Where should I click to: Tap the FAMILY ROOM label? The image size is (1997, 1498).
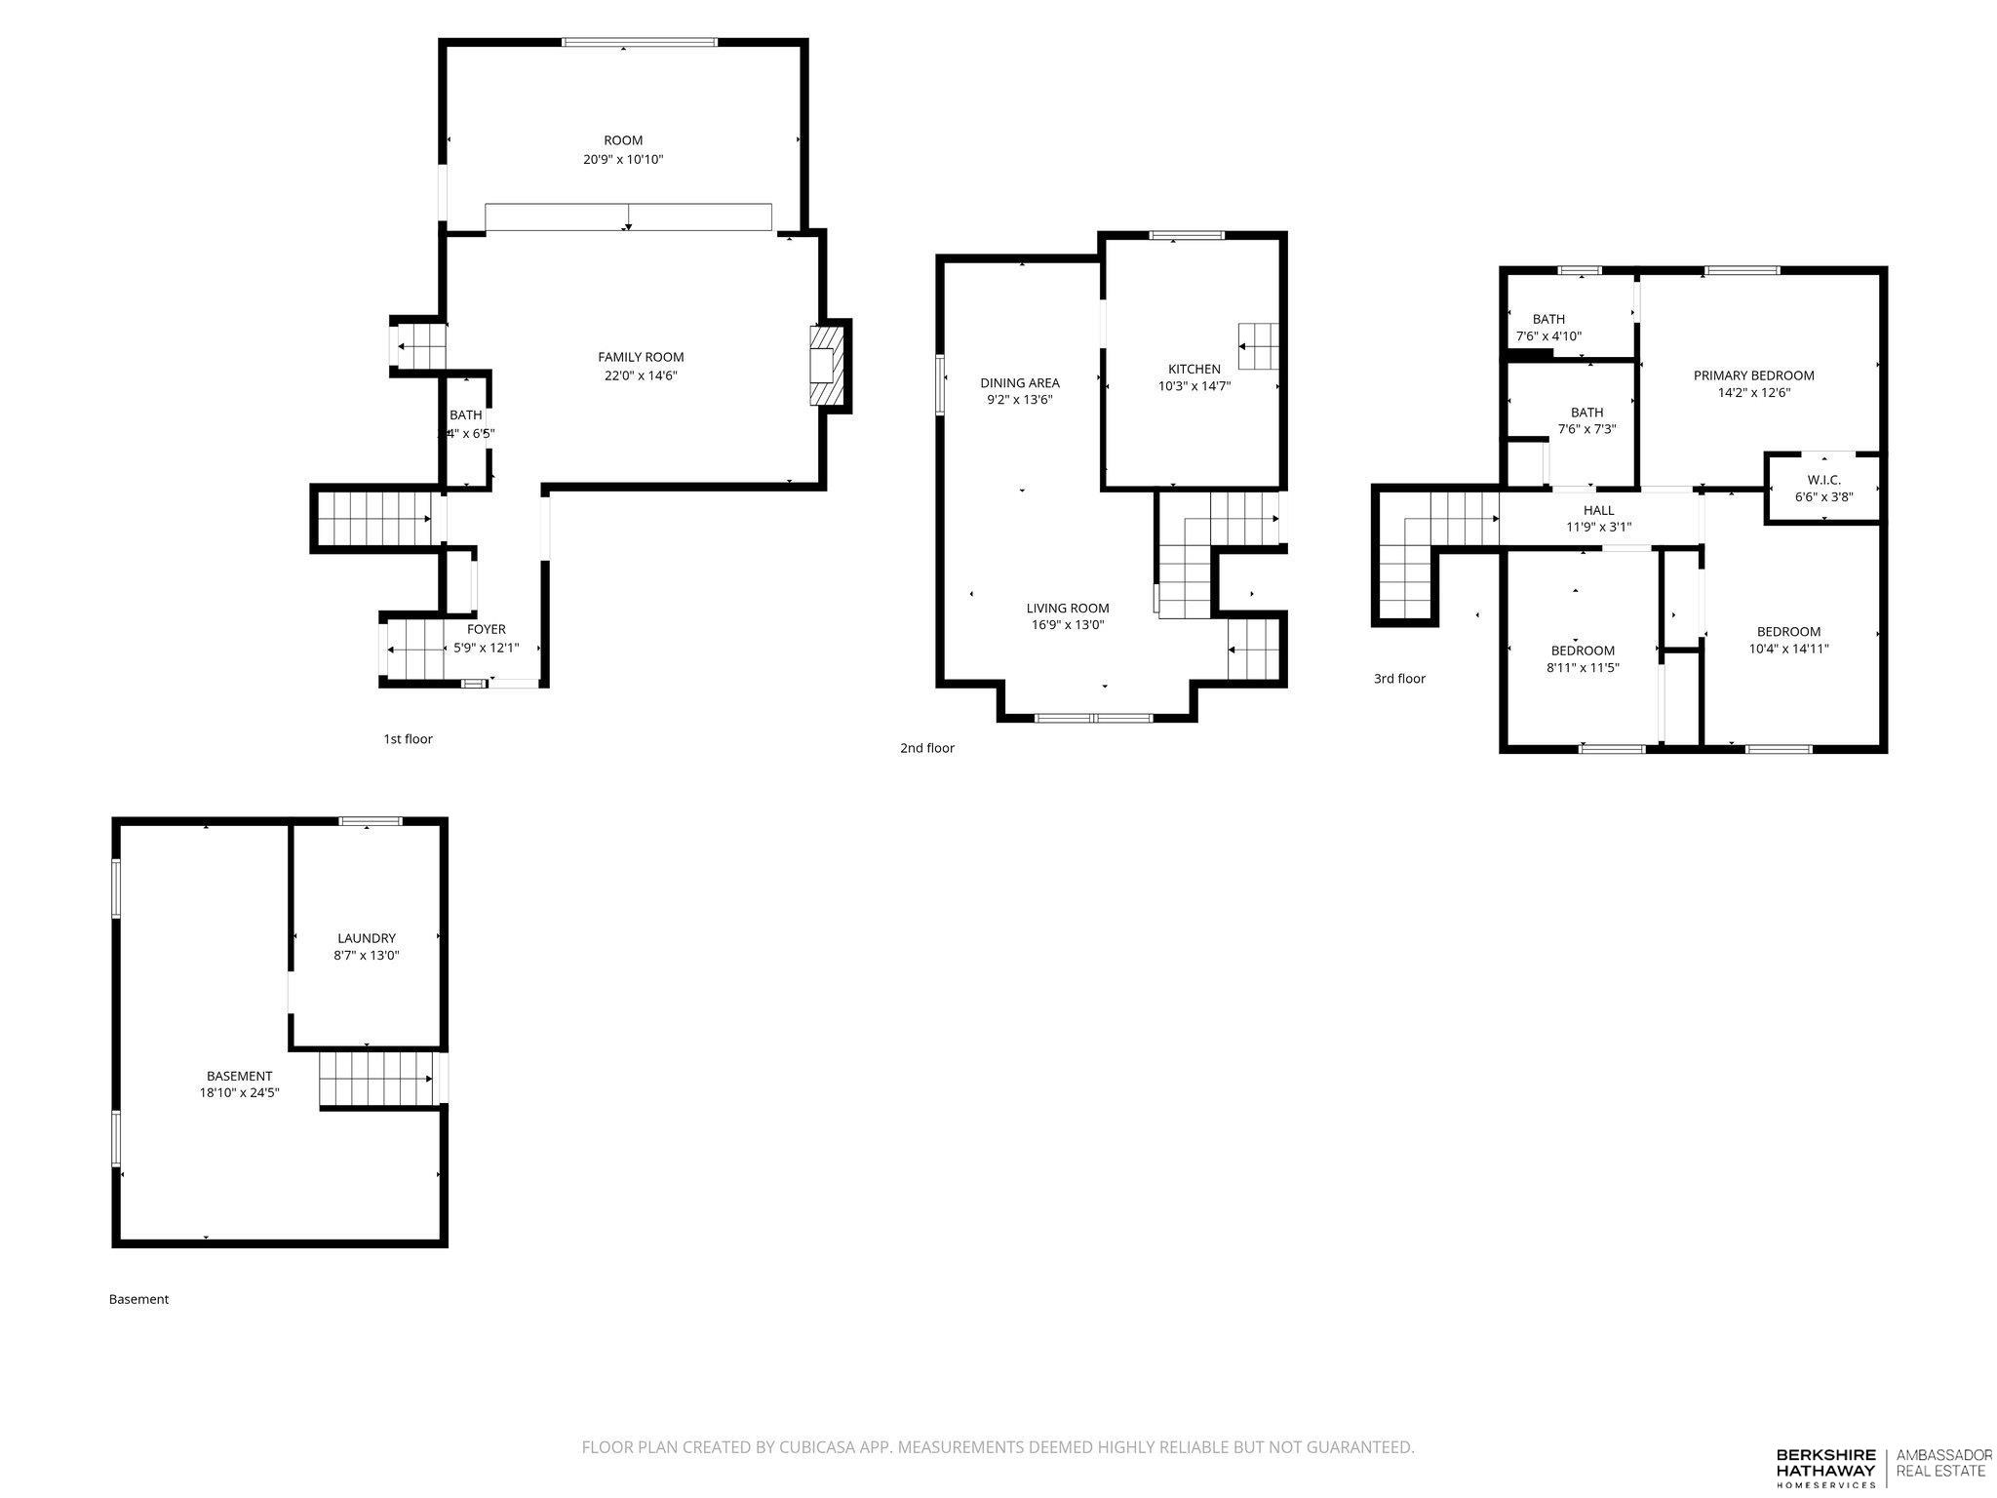[641, 357]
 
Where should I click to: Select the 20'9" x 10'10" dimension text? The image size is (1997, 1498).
[623, 159]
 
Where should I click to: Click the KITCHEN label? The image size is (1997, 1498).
[1194, 369]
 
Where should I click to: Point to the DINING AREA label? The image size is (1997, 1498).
[1020, 382]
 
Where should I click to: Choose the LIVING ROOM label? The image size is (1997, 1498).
[1068, 608]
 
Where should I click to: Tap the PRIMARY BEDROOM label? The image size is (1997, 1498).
[1753, 375]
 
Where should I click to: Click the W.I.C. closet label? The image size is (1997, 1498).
[1823, 480]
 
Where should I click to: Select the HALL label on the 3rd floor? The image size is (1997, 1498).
[1598, 510]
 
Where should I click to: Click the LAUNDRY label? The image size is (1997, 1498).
[367, 938]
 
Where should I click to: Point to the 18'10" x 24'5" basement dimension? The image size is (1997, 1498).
[240, 1092]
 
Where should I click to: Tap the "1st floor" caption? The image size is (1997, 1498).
[408, 739]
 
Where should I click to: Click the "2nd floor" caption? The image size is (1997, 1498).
[927, 748]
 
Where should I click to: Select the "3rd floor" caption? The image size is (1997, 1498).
[1399, 679]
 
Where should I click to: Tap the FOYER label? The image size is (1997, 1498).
[486, 629]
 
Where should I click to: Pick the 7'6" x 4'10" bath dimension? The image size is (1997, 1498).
[1548, 336]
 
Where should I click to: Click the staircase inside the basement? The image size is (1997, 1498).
[377, 1079]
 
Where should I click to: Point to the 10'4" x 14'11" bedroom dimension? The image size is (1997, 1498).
[1788, 649]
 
